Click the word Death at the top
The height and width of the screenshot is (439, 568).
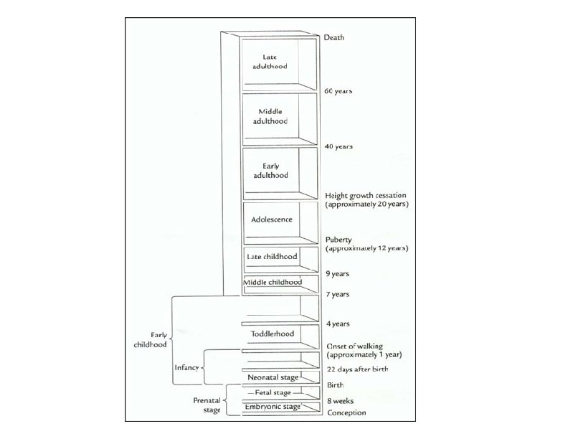[336, 37]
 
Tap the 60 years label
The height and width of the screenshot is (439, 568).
[339, 91]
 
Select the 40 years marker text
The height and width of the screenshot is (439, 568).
[339, 146]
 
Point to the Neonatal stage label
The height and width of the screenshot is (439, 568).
[273, 377]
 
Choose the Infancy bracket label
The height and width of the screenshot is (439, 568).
[186, 368]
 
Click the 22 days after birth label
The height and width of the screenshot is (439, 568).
[360, 369]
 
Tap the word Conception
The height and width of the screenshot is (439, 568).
[346, 413]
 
